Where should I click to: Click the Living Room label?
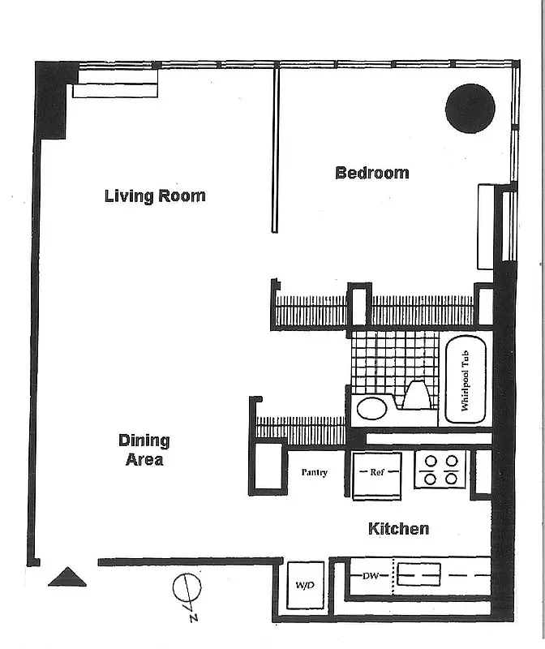tap(155, 196)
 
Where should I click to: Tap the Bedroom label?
tap(372, 173)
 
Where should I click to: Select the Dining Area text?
tap(144, 450)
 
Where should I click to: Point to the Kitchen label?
tap(398, 529)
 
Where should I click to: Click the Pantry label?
tap(314, 472)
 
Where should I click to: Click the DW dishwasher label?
tap(371, 576)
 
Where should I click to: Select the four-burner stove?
tap(440, 470)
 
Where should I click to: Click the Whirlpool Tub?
tap(466, 380)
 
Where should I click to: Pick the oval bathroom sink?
tap(372, 408)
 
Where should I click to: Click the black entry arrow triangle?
tap(67, 577)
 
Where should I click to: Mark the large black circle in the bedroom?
tap(470, 108)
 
